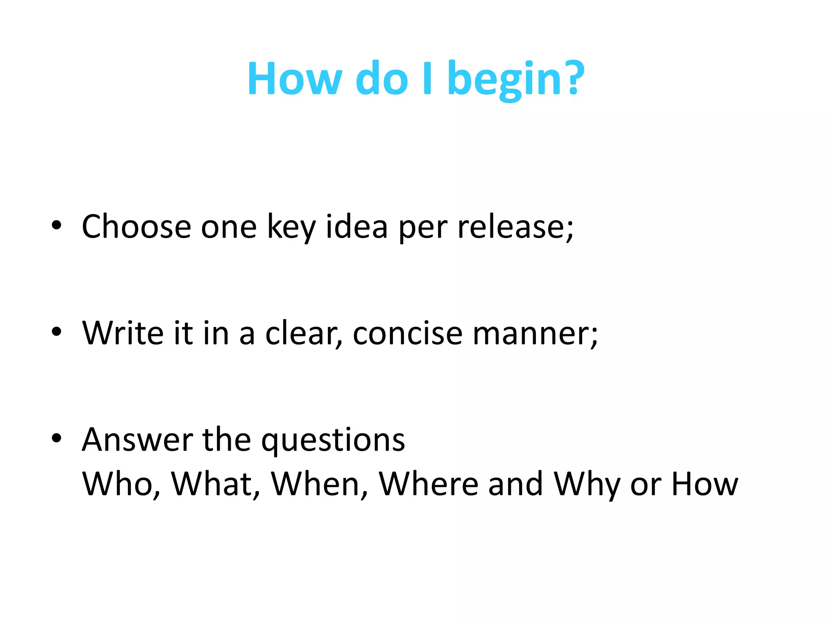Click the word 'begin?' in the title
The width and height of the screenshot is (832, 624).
pyautogui.click(x=516, y=79)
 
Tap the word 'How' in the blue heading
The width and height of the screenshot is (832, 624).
pyautogui.click(x=294, y=78)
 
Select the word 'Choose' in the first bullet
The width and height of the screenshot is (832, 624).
pyautogui.click(x=136, y=227)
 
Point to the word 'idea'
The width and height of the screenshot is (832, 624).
pyautogui.click(x=357, y=227)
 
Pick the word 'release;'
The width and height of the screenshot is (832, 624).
pyautogui.click(x=516, y=227)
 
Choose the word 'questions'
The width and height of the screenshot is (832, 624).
pyautogui.click(x=333, y=441)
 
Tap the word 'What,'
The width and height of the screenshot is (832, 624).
pyautogui.click(x=215, y=484)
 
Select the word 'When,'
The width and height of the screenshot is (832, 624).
pyautogui.click(x=319, y=484)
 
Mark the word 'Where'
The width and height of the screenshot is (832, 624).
pyautogui.click(x=428, y=484)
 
